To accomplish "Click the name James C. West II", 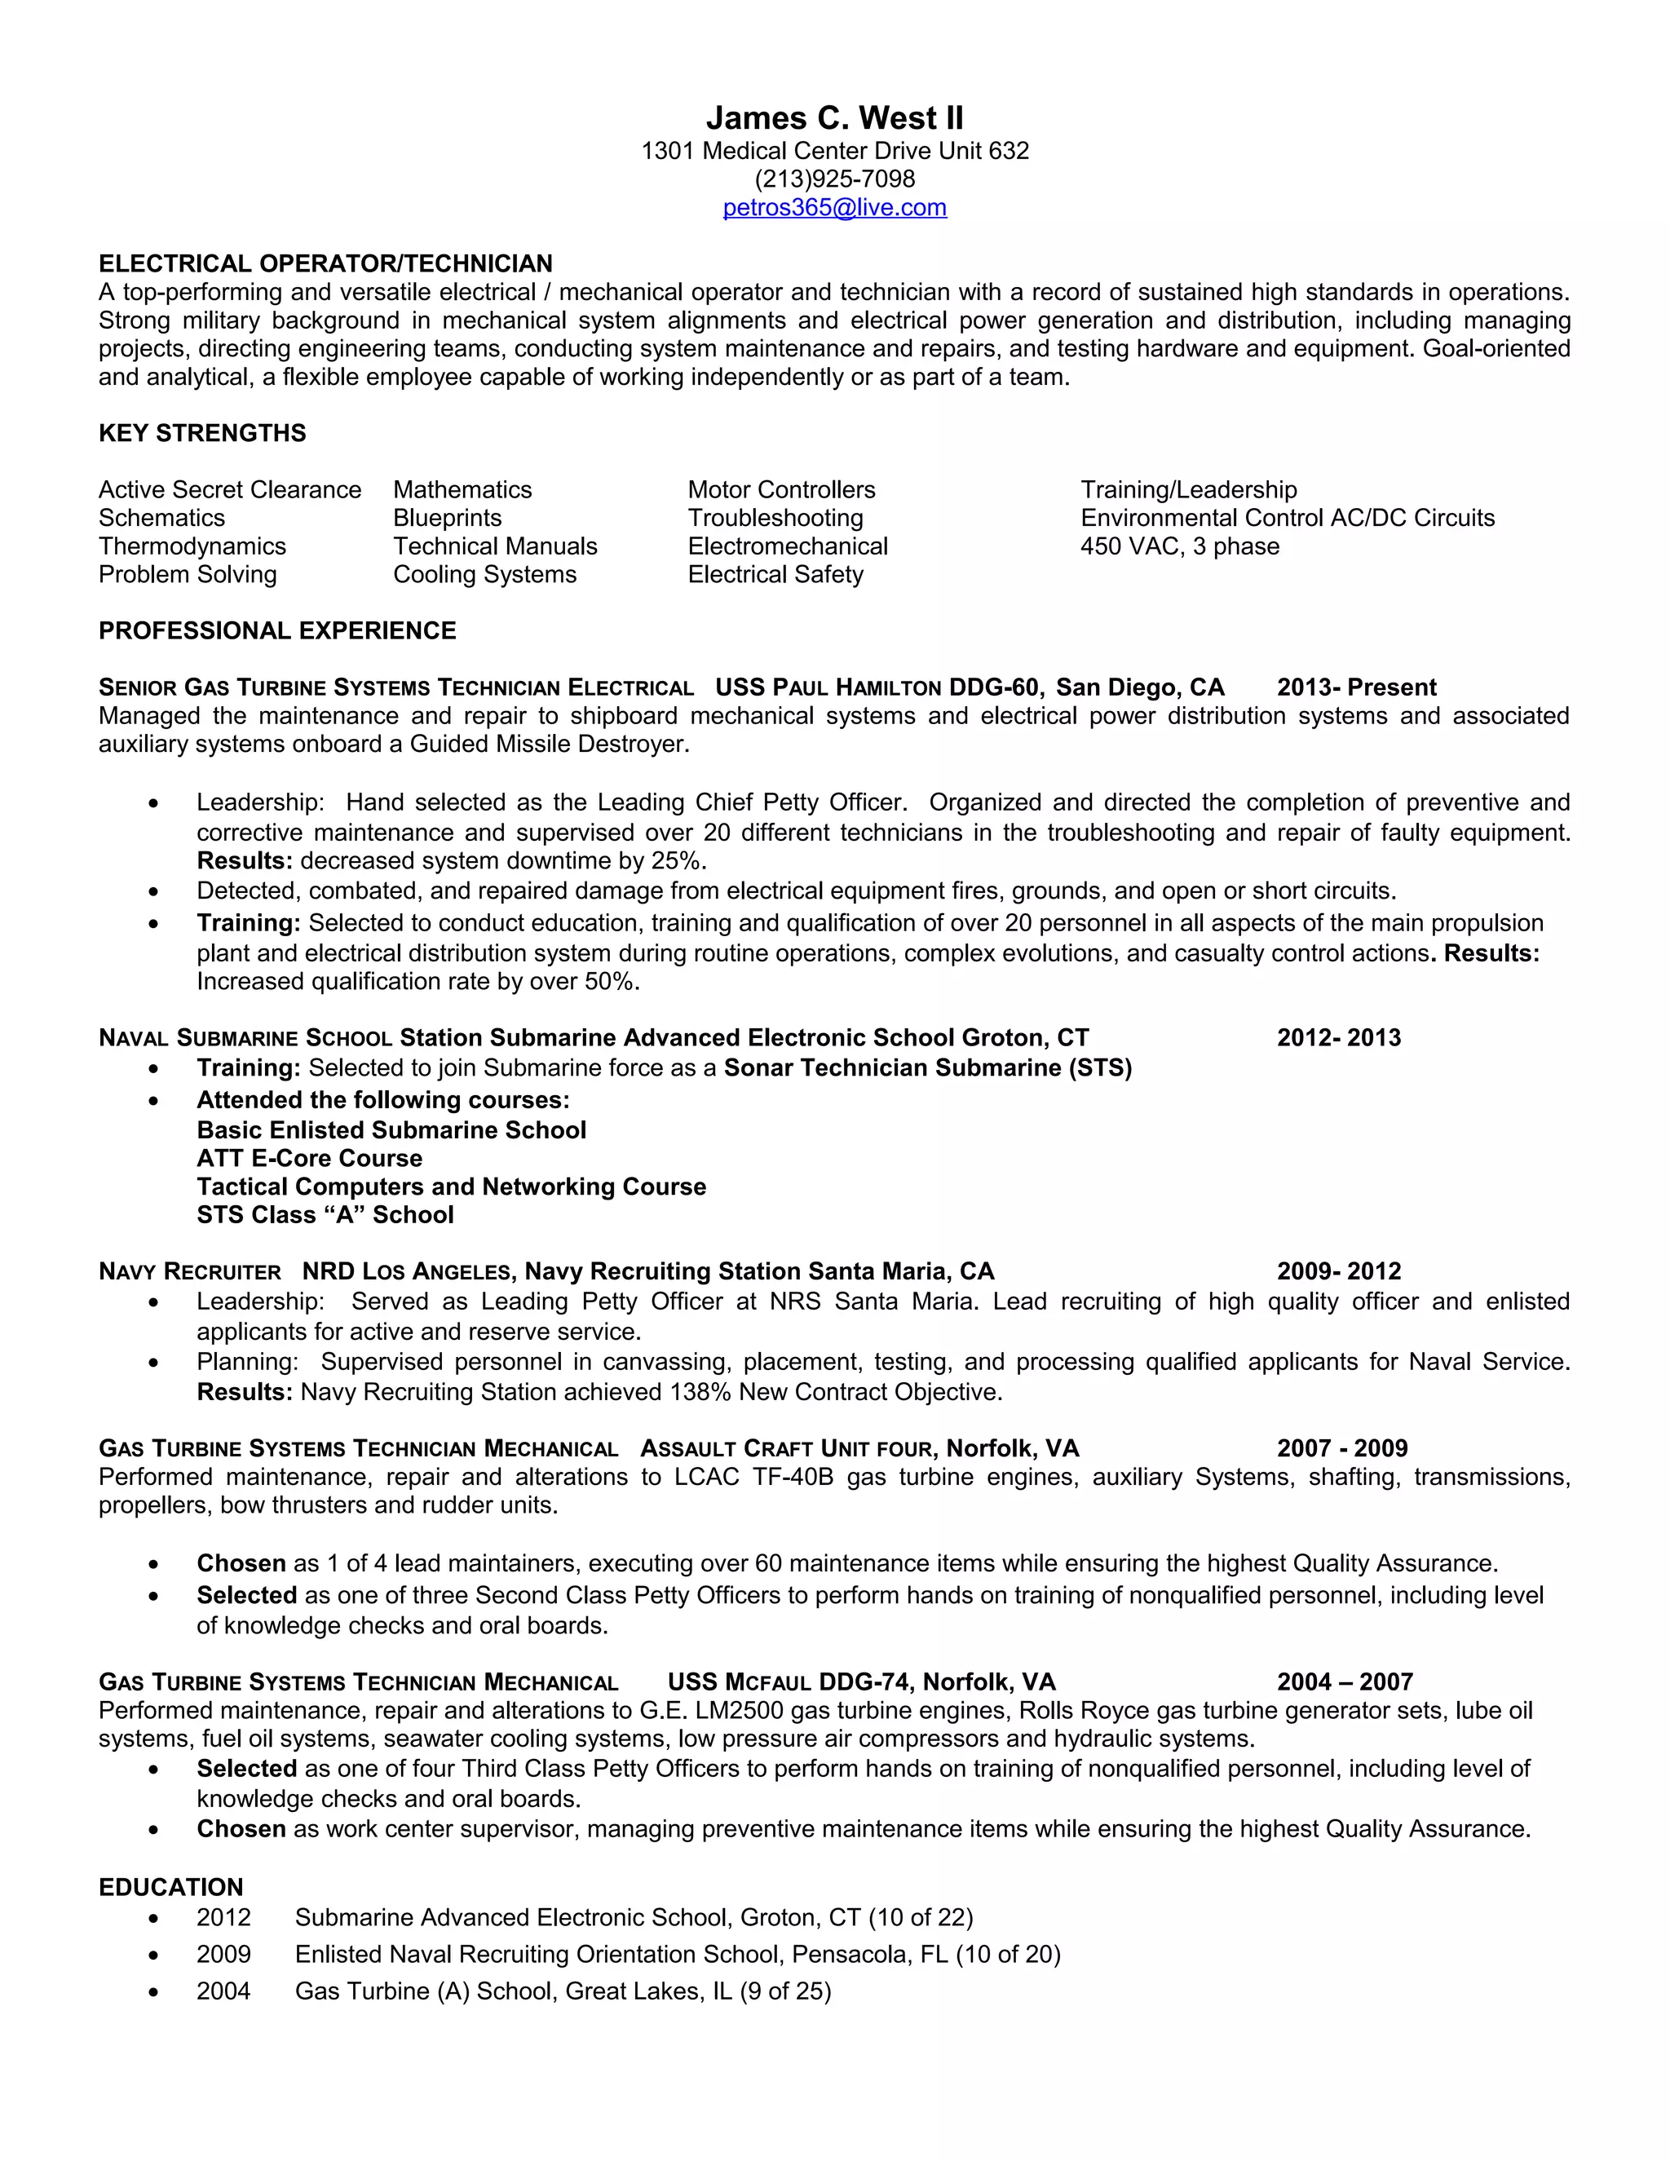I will point(834,119).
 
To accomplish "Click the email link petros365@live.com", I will point(834,208).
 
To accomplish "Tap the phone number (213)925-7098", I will point(834,179).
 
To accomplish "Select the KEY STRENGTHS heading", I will point(202,433).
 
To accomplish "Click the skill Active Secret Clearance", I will point(229,490).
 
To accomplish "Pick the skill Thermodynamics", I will point(192,546).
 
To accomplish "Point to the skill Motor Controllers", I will point(780,490).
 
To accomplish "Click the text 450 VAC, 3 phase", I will point(1179,546).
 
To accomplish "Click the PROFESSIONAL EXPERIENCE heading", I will point(277,631).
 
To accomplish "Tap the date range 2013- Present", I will point(1355,687).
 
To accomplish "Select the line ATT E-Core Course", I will point(309,1159).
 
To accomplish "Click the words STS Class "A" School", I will point(325,1215).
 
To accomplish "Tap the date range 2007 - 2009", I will point(1341,1448).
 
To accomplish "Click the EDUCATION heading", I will point(170,1887).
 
